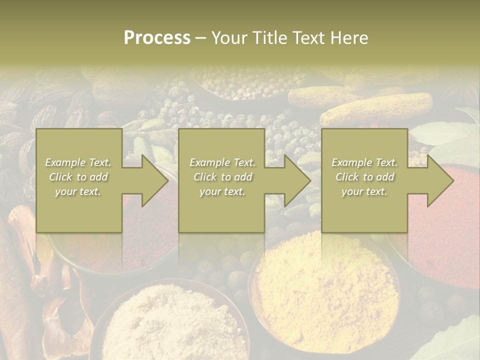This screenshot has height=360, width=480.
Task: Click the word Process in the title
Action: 157,38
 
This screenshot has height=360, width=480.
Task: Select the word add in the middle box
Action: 242,177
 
